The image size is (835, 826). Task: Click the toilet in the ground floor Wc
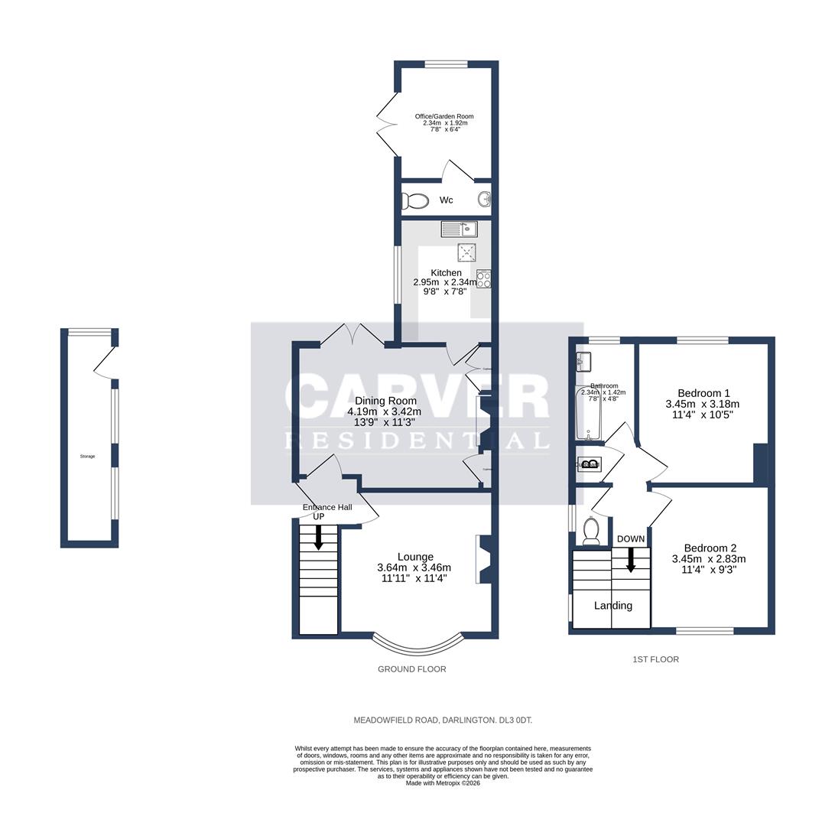click(x=415, y=201)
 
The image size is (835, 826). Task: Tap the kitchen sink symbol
click(x=459, y=228)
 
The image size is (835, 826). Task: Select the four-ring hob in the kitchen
click(x=483, y=279)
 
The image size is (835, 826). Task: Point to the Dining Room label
click(x=386, y=401)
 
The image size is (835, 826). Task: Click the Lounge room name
click(x=415, y=557)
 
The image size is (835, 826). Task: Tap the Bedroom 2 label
click(x=710, y=548)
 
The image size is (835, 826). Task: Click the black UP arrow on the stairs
click(x=318, y=537)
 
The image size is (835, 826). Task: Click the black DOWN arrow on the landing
click(x=631, y=560)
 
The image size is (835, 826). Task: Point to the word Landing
click(x=613, y=606)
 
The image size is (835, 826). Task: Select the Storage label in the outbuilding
click(x=87, y=457)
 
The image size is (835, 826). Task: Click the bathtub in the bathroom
click(x=588, y=414)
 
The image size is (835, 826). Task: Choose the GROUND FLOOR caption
click(x=411, y=669)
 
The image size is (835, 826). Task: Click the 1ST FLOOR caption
click(x=655, y=659)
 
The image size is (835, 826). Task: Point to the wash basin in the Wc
click(x=483, y=200)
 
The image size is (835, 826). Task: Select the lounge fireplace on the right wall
click(x=483, y=559)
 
